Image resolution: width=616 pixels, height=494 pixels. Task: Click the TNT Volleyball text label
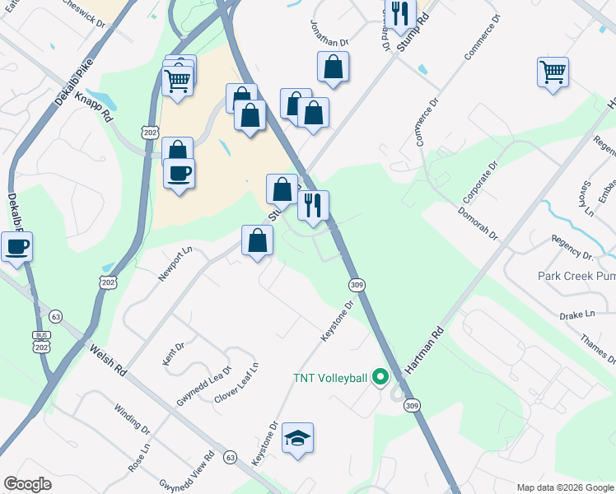331,379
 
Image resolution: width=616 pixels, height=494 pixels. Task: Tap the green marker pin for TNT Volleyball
380,378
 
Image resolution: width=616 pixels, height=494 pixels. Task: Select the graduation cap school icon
297,438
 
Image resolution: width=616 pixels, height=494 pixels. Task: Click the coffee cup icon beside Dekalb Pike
16,245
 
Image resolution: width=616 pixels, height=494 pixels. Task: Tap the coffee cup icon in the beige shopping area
179,173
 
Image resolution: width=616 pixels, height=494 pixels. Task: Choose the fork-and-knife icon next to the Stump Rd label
400,15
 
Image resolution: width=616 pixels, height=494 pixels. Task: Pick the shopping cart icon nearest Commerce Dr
553,71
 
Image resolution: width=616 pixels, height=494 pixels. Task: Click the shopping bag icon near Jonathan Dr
333,68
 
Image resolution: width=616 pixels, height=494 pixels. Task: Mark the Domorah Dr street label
477,222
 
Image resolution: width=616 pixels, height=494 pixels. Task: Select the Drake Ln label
576,315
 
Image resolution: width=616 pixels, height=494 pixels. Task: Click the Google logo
27,484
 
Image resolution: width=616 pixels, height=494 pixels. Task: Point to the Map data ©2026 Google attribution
564,487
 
